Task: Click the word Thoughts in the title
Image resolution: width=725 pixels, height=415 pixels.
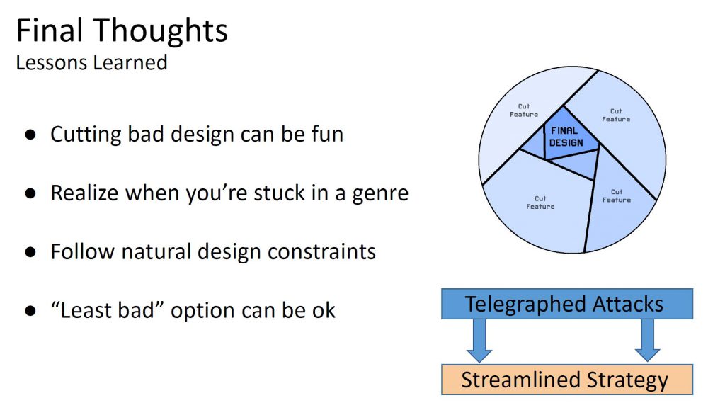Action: pyautogui.click(x=161, y=31)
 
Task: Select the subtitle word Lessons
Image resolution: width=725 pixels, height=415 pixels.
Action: pyautogui.click(x=50, y=62)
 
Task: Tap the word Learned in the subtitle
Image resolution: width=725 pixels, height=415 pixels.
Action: pyautogui.click(x=129, y=62)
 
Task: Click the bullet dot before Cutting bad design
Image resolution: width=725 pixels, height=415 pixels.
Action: pyautogui.click(x=31, y=134)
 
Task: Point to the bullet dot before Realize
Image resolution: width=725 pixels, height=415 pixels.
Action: pyautogui.click(x=31, y=193)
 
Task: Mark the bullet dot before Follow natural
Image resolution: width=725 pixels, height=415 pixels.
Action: pyautogui.click(x=31, y=251)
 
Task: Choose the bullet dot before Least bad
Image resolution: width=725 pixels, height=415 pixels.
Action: pyautogui.click(x=31, y=310)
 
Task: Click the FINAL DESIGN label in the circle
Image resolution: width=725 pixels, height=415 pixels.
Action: pyautogui.click(x=566, y=137)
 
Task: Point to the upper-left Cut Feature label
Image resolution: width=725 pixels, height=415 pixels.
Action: pyautogui.click(x=524, y=110)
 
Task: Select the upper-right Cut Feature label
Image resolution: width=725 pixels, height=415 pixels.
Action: pyautogui.click(x=616, y=115)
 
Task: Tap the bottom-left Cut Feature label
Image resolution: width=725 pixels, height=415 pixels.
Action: pyautogui.click(x=540, y=203)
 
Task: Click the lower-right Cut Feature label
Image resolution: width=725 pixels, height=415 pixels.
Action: pyautogui.click(x=617, y=195)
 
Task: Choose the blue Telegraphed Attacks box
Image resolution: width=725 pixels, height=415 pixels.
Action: pyautogui.click(x=567, y=304)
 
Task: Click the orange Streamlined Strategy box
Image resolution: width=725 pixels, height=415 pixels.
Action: pyautogui.click(x=567, y=380)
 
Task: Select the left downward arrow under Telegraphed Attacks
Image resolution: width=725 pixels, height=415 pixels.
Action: pyautogui.click(x=479, y=341)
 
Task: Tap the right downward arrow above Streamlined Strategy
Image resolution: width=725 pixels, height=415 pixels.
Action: pyautogui.click(x=647, y=341)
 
